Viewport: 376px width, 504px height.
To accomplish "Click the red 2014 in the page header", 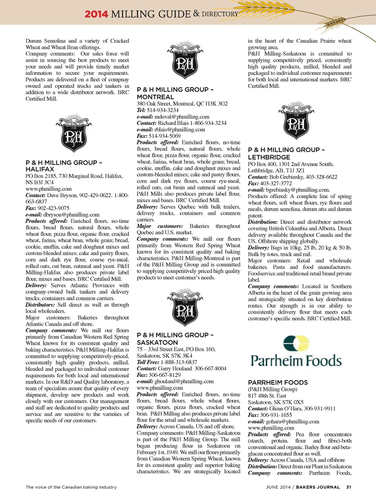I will pos(96,14).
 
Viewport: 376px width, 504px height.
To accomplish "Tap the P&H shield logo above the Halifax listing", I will pos(74,134).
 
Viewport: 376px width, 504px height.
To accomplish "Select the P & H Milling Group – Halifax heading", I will pos(63,166).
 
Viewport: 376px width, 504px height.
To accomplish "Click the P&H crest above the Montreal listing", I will pos(185,61).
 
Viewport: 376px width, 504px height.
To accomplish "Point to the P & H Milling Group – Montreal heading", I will pos(175,93).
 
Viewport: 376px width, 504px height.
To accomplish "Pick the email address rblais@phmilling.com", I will pos(179,130).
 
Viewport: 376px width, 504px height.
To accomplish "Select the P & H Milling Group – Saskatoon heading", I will pos(175,338).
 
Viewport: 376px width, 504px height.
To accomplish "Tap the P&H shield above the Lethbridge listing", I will pos(296,121).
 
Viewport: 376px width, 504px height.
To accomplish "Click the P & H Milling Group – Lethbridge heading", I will pos(286,153).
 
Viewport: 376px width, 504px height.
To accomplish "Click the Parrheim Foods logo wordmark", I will pos(296,360).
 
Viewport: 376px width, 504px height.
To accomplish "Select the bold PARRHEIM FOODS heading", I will pos(278,383).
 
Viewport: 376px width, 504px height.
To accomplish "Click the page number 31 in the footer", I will pos(349,487).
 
